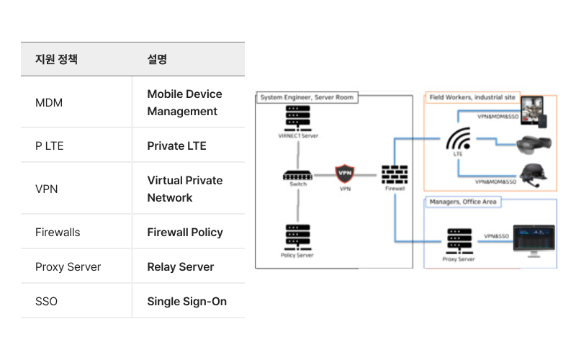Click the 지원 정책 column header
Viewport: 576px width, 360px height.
point(56,60)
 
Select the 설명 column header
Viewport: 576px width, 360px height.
point(157,60)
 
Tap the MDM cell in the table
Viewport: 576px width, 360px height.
point(49,103)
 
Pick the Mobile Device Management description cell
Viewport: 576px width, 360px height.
point(184,103)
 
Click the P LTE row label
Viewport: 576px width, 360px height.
point(50,146)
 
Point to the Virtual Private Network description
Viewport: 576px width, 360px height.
point(184,189)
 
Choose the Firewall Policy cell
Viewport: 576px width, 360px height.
point(185,233)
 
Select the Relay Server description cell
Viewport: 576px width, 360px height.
point(181,267)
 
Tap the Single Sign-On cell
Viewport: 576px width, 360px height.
point(186,302)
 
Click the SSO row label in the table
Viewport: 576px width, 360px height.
point(46,302)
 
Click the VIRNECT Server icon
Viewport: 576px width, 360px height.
point(297,119)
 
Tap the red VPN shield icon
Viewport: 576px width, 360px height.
point(346,174)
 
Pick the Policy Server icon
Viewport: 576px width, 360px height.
point(297,237)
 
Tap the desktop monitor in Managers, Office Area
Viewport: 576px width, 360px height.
point(534,240)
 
